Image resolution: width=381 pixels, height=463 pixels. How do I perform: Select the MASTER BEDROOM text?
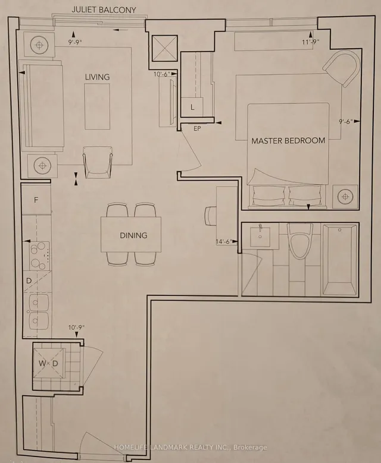[288, 141]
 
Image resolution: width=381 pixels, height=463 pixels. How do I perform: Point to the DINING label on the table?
[133, 235]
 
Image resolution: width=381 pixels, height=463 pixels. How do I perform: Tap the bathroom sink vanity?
[261, 238]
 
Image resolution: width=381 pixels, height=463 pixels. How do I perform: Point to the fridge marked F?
[36, 200]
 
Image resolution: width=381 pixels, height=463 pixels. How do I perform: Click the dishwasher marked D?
[29, 280]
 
